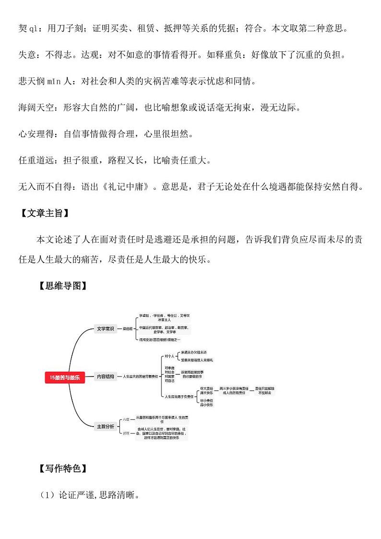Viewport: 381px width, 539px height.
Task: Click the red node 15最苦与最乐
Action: click(x=65, y=378)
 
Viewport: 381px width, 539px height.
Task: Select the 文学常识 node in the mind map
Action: click(x=105, y=329)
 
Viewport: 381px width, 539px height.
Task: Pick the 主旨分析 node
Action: click(x=105, y=426)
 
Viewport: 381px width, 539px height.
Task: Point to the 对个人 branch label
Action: click(x=169, y=356)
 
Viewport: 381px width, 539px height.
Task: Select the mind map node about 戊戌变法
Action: click(x=160, y=340)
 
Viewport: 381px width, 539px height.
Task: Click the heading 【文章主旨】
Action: click(x=46, y=213)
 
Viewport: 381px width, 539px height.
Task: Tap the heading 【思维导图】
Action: click(x=63, y=286)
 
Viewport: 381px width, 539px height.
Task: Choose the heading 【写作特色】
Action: click(x=63, y=468)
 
